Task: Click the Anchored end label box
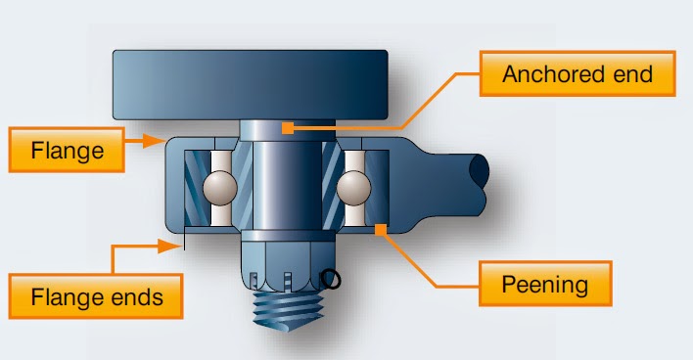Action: click(x=577, y=74)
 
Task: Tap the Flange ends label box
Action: click(x=95, y=295)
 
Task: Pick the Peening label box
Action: click(x=544, y=286)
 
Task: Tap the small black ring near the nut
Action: click(x=332, y=281)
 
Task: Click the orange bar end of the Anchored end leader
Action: click(x=286, y=125)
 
